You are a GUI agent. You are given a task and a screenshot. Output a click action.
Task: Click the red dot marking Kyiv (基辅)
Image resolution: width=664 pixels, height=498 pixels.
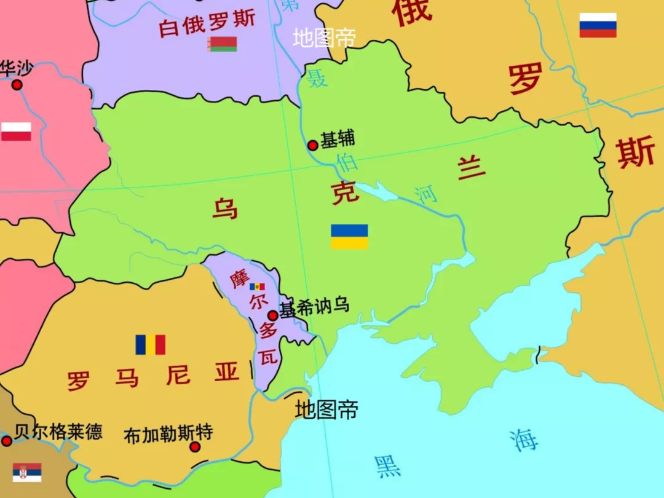click(312, 145)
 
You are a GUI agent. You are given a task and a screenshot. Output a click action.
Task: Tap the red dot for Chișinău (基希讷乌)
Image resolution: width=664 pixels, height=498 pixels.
click(272, 315)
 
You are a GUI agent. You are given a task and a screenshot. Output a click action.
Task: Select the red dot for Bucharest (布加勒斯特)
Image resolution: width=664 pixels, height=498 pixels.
click(195, 446)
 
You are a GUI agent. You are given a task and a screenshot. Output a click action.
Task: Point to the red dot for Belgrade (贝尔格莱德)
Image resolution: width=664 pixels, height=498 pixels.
click(6, 441)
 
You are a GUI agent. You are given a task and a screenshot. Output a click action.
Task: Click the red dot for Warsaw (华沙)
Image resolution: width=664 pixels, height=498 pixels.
click(17, 84)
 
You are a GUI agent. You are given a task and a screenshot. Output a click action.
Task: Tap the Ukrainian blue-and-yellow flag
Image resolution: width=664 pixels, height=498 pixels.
click(349, 237)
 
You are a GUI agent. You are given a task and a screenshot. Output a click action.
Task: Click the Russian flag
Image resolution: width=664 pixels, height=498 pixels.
click(598, 25)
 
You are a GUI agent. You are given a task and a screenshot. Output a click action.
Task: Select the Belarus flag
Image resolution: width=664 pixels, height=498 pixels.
click(222, 44)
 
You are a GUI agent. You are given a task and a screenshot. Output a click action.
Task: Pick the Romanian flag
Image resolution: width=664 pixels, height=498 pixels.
click(151, 345)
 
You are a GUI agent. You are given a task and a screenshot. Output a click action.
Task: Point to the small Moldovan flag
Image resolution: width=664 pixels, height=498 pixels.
click(257, 287)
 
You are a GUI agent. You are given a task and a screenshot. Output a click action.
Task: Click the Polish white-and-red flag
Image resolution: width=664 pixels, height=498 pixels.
click(16, 132)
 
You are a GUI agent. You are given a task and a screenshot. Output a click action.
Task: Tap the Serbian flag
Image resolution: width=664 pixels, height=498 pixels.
click(27, 472)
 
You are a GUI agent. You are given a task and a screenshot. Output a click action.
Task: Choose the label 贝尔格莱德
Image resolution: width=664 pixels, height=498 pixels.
click(58, 432)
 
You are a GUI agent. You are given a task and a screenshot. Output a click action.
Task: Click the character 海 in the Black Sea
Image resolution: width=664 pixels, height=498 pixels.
click(523, 439)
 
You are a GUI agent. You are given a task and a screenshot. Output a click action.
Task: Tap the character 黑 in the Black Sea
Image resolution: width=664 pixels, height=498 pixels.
click(387, 466)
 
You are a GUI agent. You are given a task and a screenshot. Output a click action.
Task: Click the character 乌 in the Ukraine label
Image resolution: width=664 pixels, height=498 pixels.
click(224, 208)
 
